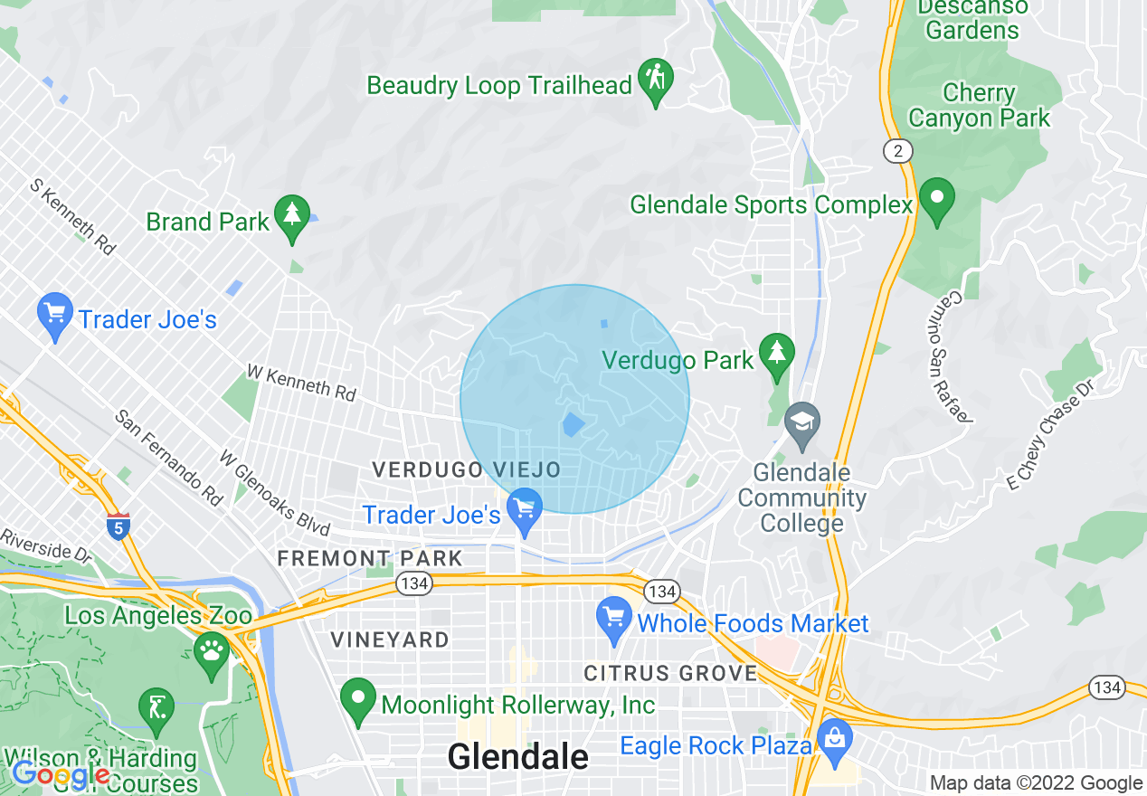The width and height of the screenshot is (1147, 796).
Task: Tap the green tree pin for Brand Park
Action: coord(291,216)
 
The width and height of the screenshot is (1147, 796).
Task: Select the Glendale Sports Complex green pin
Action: coord(937,199)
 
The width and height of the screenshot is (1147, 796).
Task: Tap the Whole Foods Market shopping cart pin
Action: coord(614,621)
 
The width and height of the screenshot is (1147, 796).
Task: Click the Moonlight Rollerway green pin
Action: coord(358,698)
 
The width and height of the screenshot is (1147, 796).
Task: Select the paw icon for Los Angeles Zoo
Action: coord(213,651)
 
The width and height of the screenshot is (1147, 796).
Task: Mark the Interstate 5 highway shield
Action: coord(119,526)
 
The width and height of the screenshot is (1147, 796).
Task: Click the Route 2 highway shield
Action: coord(897,151)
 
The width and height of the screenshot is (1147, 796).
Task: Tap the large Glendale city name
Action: coord(517,757)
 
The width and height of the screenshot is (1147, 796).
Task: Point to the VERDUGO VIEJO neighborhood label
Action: coord(468,469)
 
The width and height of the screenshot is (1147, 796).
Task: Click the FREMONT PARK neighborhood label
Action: coord(370,559)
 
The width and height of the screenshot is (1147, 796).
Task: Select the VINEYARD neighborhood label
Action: coord(390,640)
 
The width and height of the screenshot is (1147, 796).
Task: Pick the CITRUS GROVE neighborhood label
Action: coord(670,673)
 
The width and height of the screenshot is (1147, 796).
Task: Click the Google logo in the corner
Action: coord(60,773)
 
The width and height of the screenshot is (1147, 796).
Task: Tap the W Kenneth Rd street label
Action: coord(301,384)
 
